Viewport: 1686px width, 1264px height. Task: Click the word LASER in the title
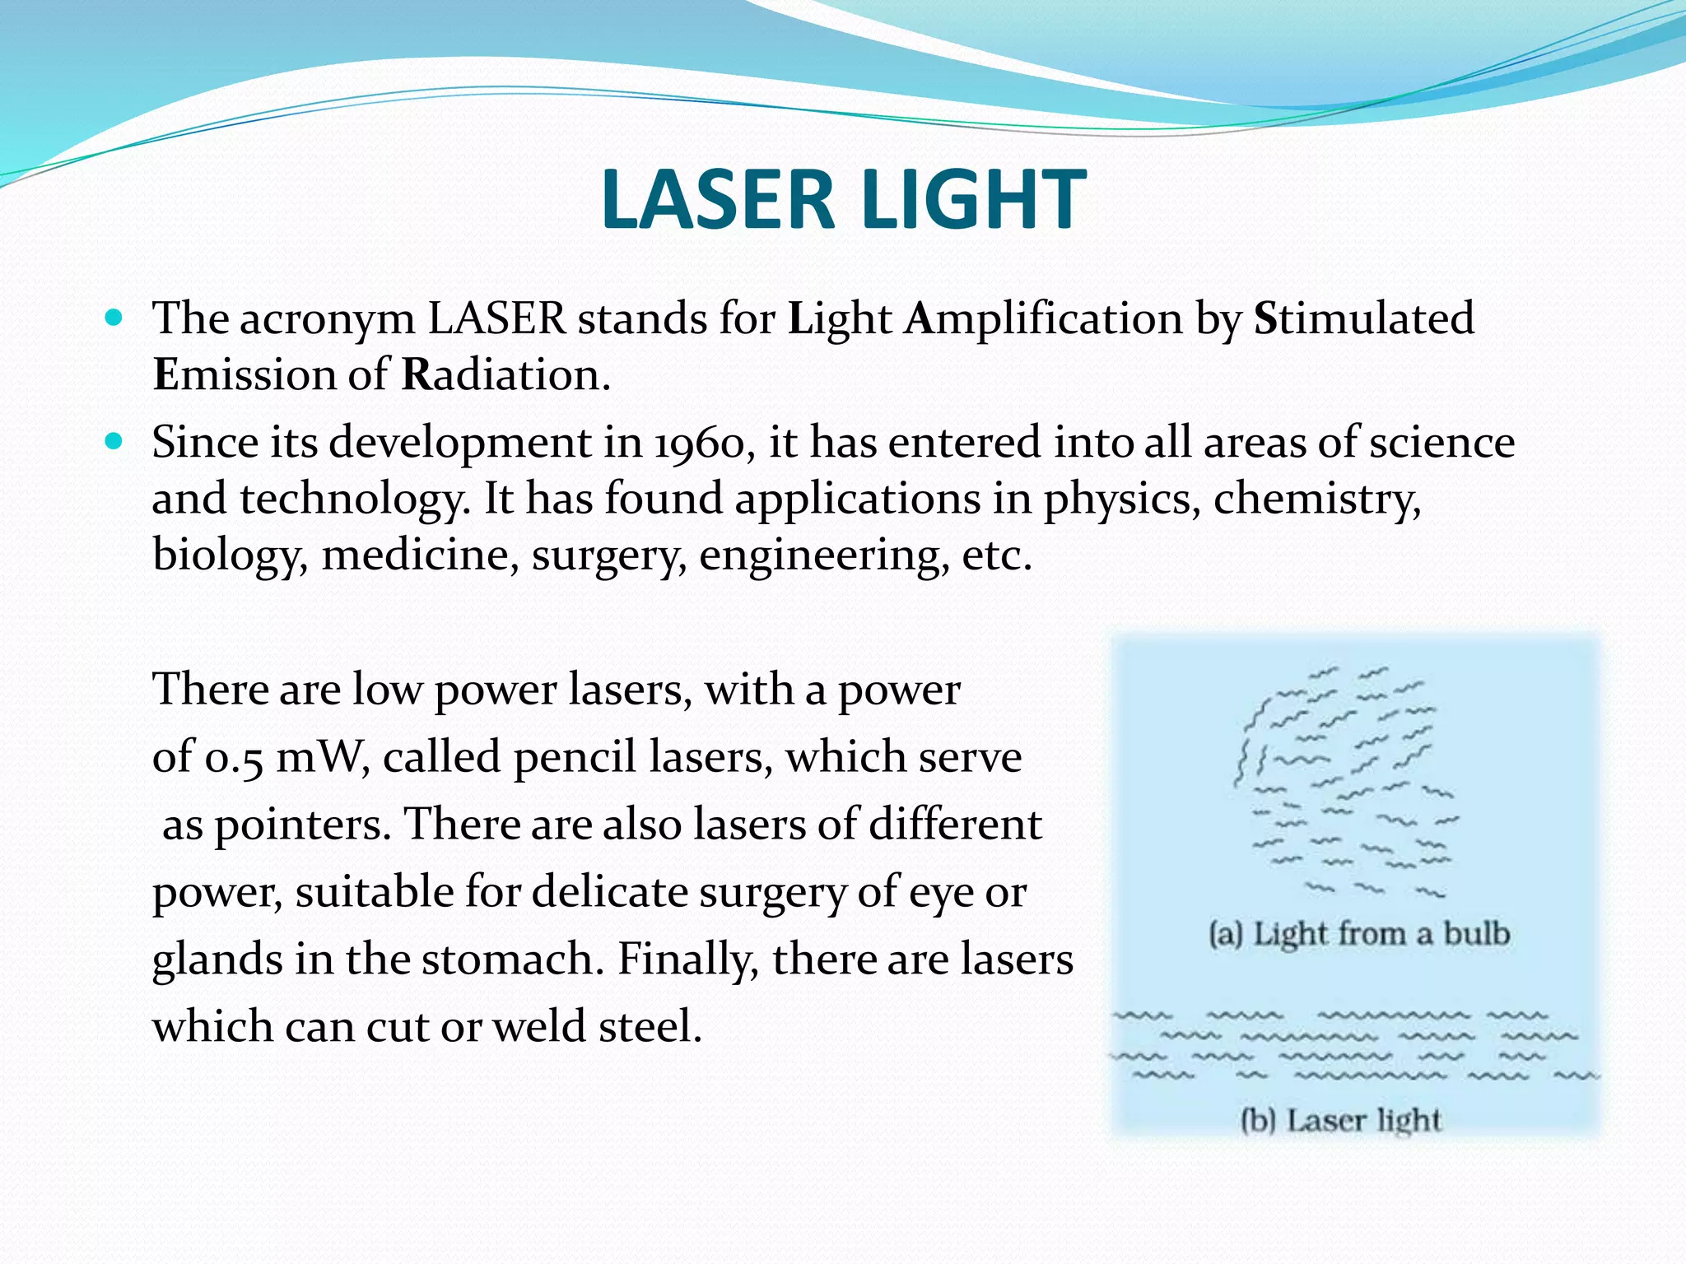pos(717,200)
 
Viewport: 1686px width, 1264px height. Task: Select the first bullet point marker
pos(114,317)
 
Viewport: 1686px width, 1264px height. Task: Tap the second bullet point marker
pos(114,442)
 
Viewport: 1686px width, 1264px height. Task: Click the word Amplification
pos(1043,318)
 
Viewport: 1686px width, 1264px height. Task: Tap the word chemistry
pos(1316,500)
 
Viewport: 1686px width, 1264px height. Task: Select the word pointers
pos(301,825)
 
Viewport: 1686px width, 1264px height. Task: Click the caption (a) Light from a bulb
pos(1359,934)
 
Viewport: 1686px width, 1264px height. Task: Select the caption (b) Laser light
pos(1341,1120)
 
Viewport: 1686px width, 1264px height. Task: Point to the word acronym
pos(327,320)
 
